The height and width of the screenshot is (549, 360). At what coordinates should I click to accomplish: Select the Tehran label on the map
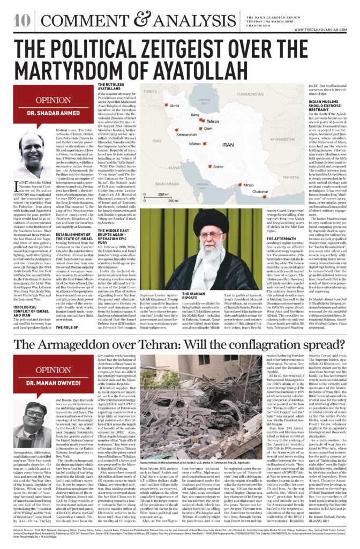pyautogui.click(x=213, y=122)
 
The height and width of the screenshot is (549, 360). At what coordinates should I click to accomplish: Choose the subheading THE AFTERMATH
pyautogui.click(x=247, y=239)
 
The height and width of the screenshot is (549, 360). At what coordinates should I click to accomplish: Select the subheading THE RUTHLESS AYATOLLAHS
pyautogui.click(x=113, y=88)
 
